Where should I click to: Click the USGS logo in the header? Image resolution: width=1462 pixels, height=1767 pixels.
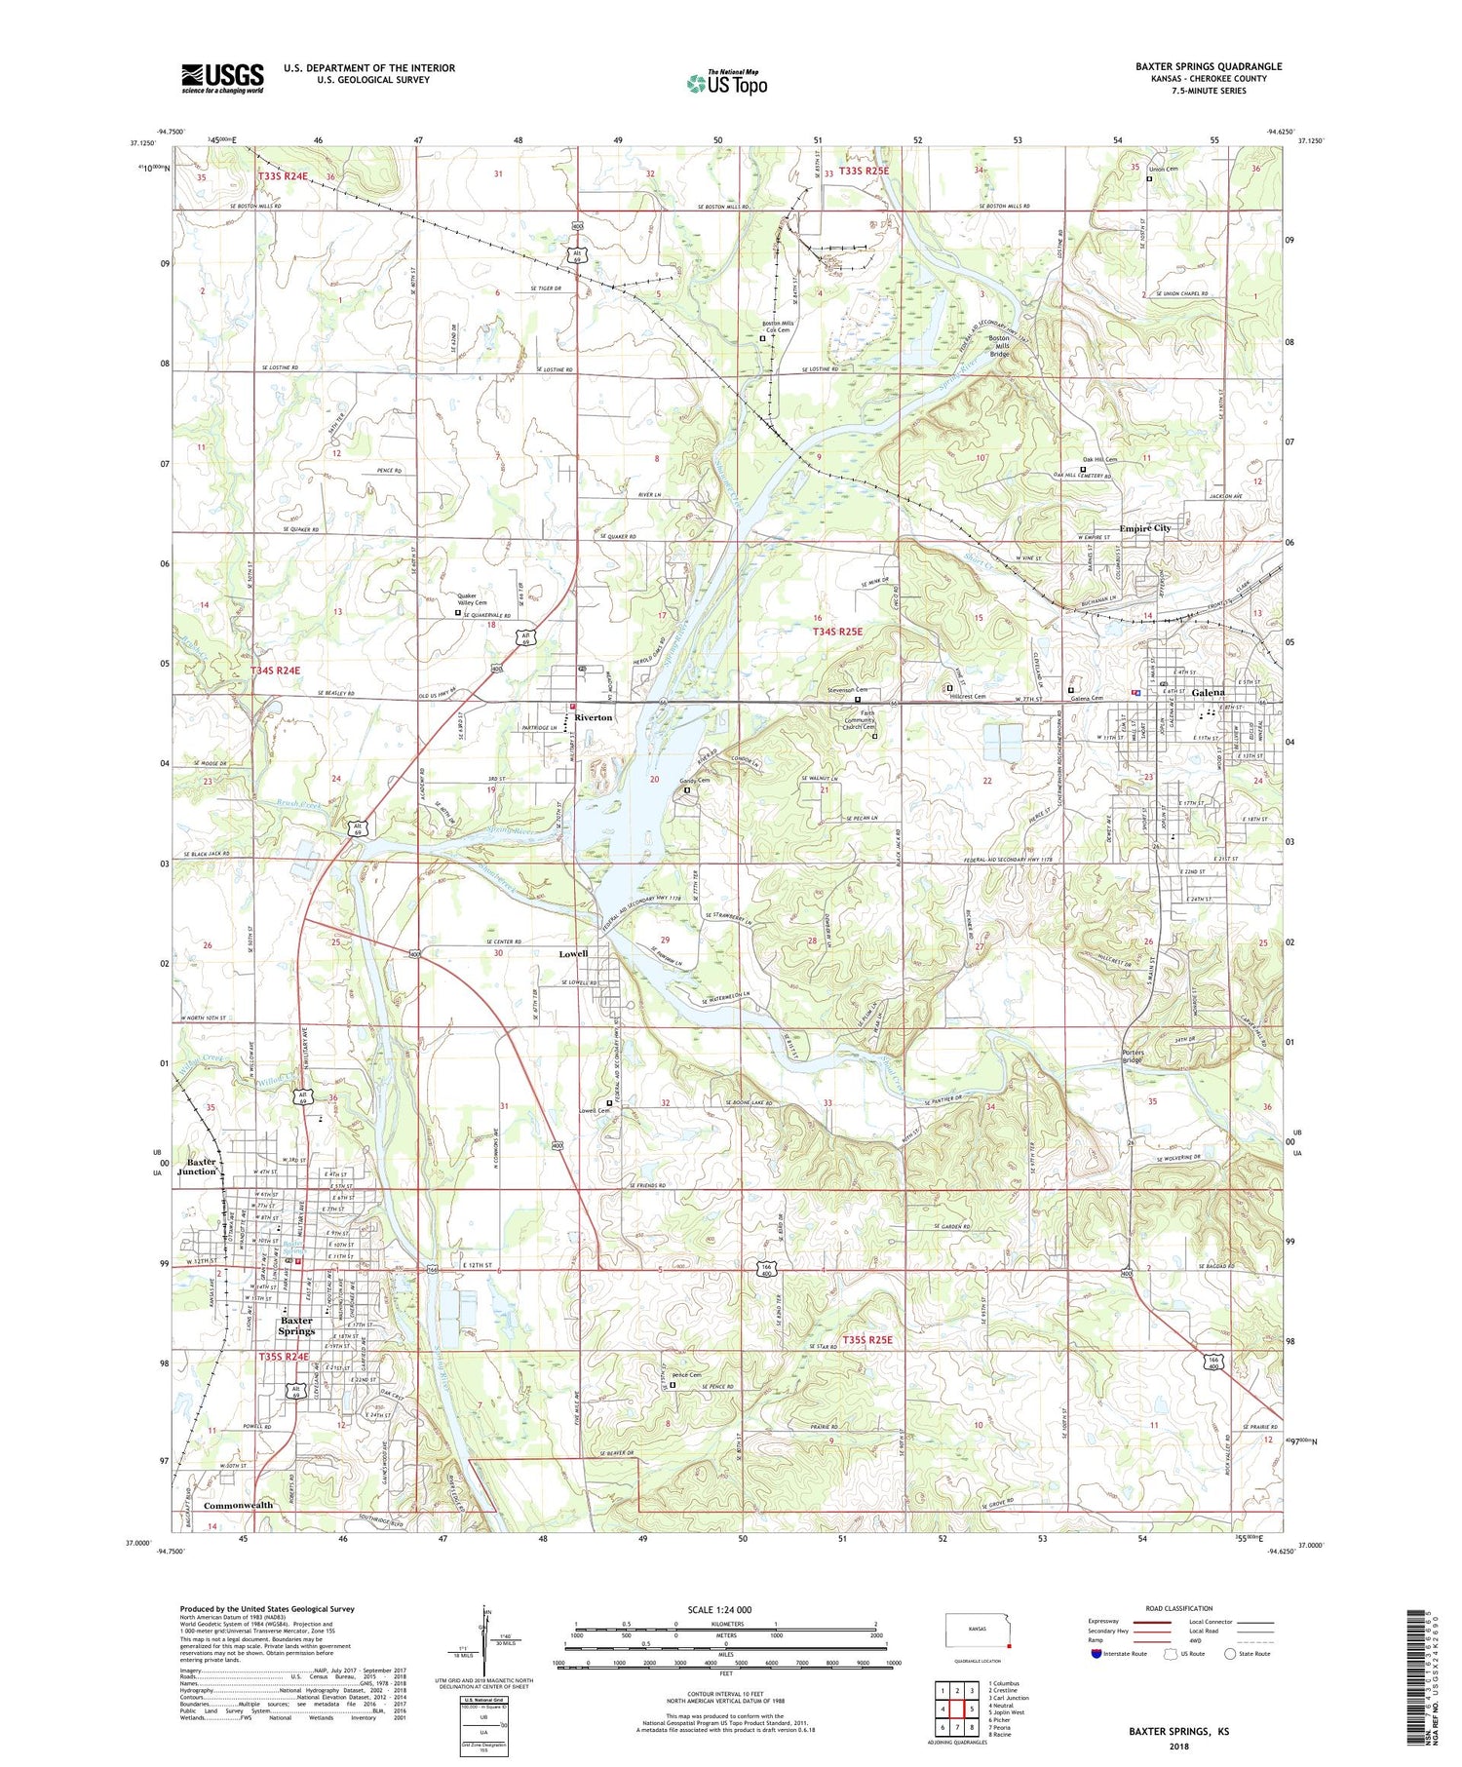coord(222,78)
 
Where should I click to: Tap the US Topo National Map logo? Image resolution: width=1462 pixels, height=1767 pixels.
coord(726,83)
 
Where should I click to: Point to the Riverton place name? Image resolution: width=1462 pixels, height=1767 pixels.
coord(594,717)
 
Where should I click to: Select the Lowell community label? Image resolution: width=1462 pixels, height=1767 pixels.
coord(573,953)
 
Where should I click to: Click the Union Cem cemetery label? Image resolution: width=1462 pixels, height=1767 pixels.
coord(1166,170)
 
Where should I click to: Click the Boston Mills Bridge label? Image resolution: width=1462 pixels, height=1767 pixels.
coord(999,346)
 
